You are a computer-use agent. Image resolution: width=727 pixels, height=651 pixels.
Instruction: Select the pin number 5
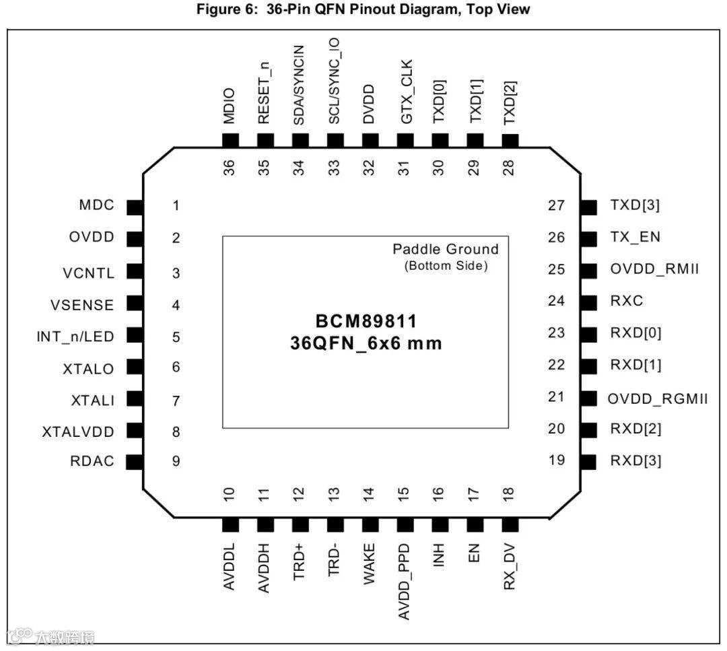click(176, 337)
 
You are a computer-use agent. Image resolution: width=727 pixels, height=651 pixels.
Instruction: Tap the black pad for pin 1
click(135, 207)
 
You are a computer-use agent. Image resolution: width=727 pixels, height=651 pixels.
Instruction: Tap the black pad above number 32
click(370, 140)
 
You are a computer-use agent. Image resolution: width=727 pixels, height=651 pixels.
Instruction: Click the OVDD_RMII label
click(654, 269)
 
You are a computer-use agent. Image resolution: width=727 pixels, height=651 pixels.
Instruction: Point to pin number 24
click(557, 300)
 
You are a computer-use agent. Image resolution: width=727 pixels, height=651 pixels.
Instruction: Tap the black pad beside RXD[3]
click(588, 462)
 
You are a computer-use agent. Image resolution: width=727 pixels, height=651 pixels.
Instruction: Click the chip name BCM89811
click(366, 320)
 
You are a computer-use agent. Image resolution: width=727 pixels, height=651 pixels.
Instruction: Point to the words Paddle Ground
click(446, 249)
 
